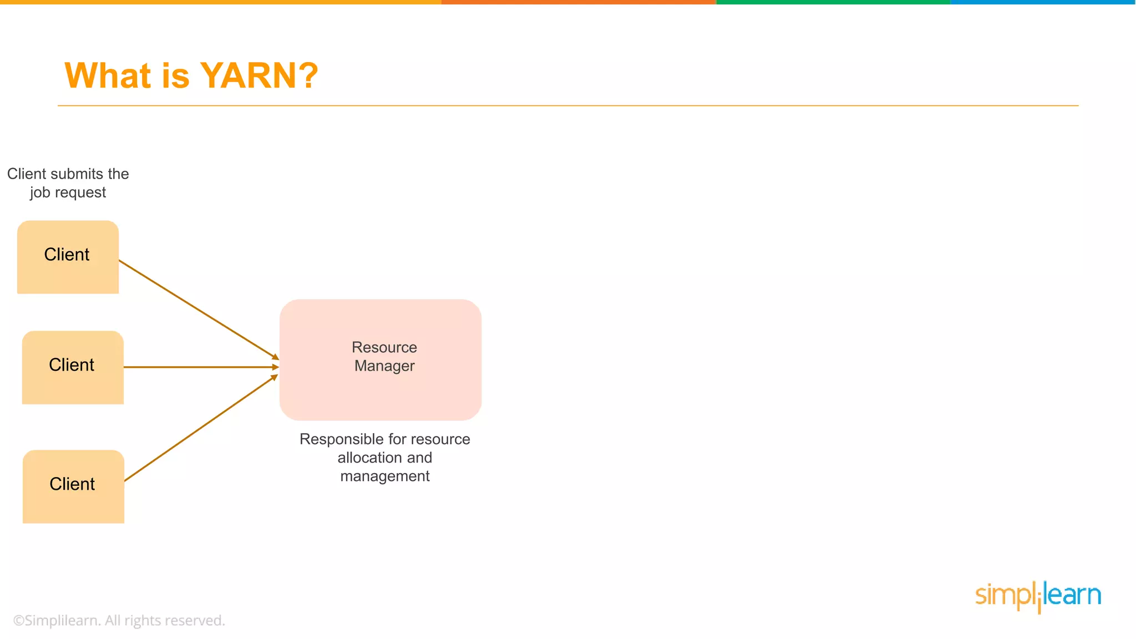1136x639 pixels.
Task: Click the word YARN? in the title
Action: pos(258,75)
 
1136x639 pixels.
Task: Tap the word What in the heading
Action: pos(108,75)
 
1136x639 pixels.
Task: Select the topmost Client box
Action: pos(68,257)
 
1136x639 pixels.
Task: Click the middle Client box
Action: pos(73,367)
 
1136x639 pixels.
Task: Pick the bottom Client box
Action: pos(73,486)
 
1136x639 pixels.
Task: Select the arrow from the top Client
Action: pos(199,309)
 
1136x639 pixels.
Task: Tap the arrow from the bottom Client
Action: pos(201,428)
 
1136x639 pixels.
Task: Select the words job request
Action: pos(68,192)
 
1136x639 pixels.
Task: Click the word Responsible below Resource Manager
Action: pos(339,439)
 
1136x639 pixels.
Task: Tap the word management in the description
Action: pos(385,476)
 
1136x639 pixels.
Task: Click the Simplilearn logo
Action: pos(1038,596)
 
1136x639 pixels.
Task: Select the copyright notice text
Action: pos(119,621)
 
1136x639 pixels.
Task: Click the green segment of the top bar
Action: pos(833,2)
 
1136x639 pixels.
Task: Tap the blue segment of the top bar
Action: pos(1043,2)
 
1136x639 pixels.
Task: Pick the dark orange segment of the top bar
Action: pos(579,2)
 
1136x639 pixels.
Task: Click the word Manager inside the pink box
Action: pos(384,366)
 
